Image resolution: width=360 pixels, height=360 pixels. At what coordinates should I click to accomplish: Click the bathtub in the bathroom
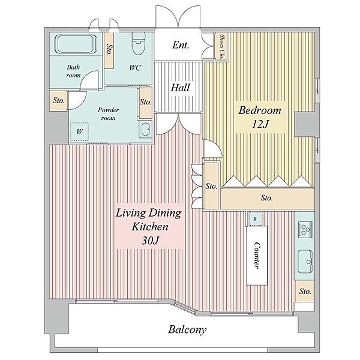point(76,44)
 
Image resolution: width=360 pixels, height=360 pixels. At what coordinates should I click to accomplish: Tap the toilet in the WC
point(139,43)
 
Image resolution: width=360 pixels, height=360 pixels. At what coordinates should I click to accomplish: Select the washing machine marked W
point(79,131)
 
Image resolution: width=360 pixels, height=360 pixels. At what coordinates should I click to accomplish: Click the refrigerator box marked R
point(255,219)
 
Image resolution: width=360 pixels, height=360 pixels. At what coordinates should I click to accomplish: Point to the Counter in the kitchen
point(257,256)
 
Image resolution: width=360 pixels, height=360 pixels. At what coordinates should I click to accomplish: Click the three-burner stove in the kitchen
point(305,229)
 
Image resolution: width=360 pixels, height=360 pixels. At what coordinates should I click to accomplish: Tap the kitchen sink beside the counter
point(305,261)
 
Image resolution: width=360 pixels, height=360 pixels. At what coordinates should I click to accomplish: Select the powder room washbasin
point(145,130)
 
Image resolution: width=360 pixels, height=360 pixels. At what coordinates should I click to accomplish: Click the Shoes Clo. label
point(222,47)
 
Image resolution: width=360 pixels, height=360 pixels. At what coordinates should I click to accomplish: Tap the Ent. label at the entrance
point(181,45)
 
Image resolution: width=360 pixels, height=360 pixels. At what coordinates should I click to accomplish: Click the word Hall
point(180,88)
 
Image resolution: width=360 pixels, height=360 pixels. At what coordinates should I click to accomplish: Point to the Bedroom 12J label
point(260,117)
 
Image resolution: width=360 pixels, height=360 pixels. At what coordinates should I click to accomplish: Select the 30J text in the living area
point(151,241)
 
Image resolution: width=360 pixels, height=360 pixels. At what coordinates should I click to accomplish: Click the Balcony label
point(187,330)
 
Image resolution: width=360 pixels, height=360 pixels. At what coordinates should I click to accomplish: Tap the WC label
point(135,68)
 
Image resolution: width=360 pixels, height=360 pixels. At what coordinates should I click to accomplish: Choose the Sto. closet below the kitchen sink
point(305,291)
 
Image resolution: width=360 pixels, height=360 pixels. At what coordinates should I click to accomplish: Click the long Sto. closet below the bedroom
point(268,198)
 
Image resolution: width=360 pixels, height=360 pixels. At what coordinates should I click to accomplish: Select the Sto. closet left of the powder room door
point(59,101)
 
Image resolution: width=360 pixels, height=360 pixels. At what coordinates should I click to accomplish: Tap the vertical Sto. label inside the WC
point(109,49)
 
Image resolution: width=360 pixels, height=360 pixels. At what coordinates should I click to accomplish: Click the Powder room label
point(108,114)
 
